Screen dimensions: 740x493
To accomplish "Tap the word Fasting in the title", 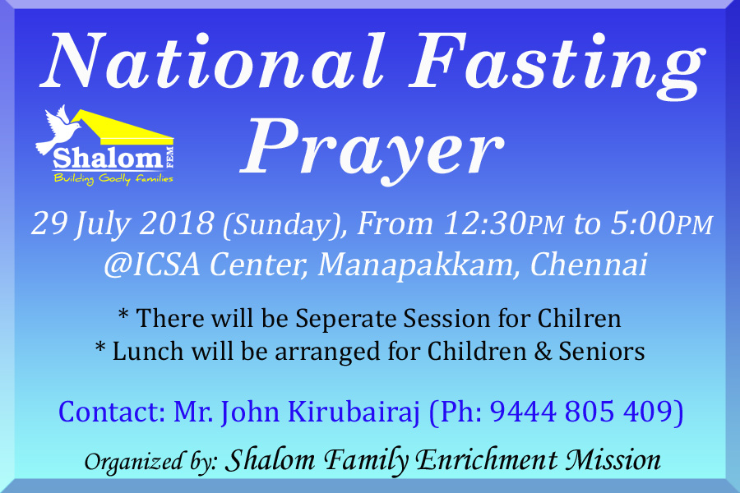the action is (x=557, y=66).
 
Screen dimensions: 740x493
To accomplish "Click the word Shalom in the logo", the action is (x=108, y=158).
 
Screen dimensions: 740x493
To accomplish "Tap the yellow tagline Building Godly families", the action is (x=113, y=179).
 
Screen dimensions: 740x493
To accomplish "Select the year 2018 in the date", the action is (x=177, y=223).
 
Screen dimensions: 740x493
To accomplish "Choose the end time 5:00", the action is (x=643, y=223).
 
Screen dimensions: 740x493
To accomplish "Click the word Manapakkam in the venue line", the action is (x=415, y=265).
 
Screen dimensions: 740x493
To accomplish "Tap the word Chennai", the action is (x=588, y=265).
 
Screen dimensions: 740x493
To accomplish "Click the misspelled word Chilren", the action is (x=579, y=318).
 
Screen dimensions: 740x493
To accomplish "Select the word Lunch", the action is (x=148, y=352).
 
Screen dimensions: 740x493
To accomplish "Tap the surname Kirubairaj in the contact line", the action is (x=354, y=412).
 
